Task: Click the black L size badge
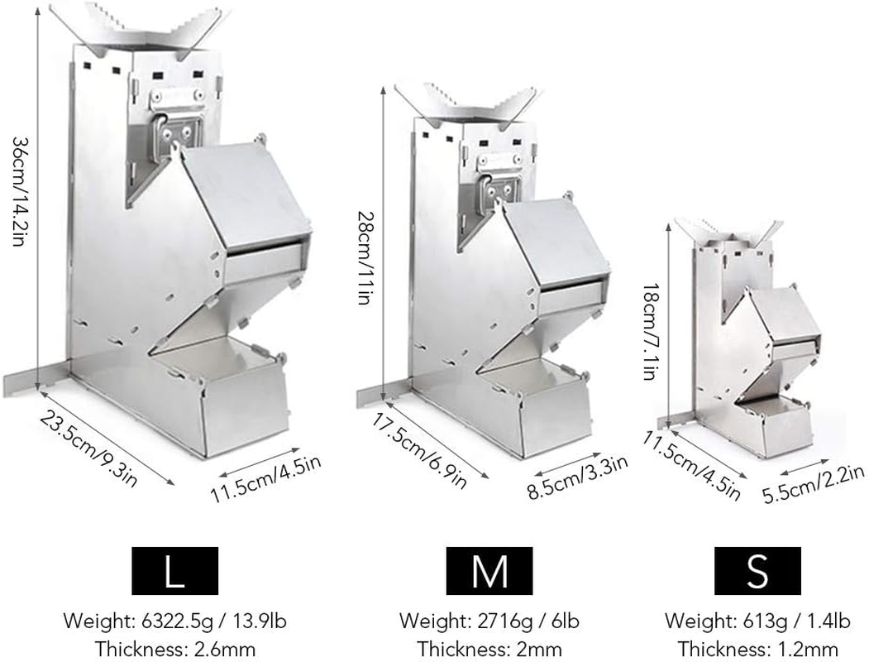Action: coord(174,570)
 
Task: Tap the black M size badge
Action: coord(489,570)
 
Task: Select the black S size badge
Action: coord(757,570)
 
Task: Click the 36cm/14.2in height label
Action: coord(18,191)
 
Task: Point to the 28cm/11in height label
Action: coord(364,257)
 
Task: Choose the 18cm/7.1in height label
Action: coord(650,332)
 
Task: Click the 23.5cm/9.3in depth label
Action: coord(88,449)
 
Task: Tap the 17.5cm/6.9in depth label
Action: coord(419,451)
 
